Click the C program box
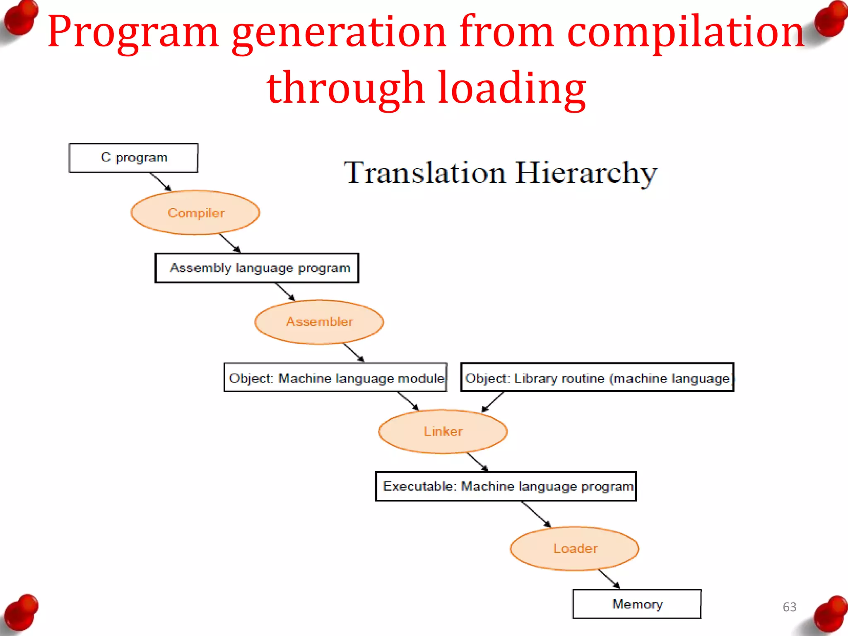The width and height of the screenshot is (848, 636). tap(133, 158)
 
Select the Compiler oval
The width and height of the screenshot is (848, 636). tap(195, 213)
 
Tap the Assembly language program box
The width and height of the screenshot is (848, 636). tap(257, 268)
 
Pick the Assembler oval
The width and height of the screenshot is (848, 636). tap(319, 322)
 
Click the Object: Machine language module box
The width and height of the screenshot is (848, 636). tap(335, 378)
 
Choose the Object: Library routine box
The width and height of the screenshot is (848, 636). tap(597, 378)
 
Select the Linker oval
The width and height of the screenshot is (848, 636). tap(443, 431)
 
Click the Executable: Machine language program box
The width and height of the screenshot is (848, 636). tap(506, 486)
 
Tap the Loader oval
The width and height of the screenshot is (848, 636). tap(575, 549)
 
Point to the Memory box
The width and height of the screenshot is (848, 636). tap(637, 604)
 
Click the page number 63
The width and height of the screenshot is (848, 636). tap(789, 607)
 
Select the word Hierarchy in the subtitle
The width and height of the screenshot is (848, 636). tap(586, 173)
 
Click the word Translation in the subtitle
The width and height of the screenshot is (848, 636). tap(424, 173)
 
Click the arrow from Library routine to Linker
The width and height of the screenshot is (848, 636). tap(493, 402)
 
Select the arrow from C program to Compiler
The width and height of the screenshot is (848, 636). tap(161, 182)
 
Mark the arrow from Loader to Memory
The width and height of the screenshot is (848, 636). tap(609, 579)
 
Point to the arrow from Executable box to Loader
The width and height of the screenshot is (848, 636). tap(536, 514)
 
